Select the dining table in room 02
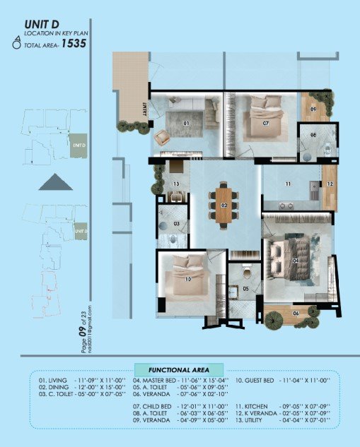224,204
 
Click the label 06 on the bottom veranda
296,313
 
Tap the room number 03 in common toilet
177,225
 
